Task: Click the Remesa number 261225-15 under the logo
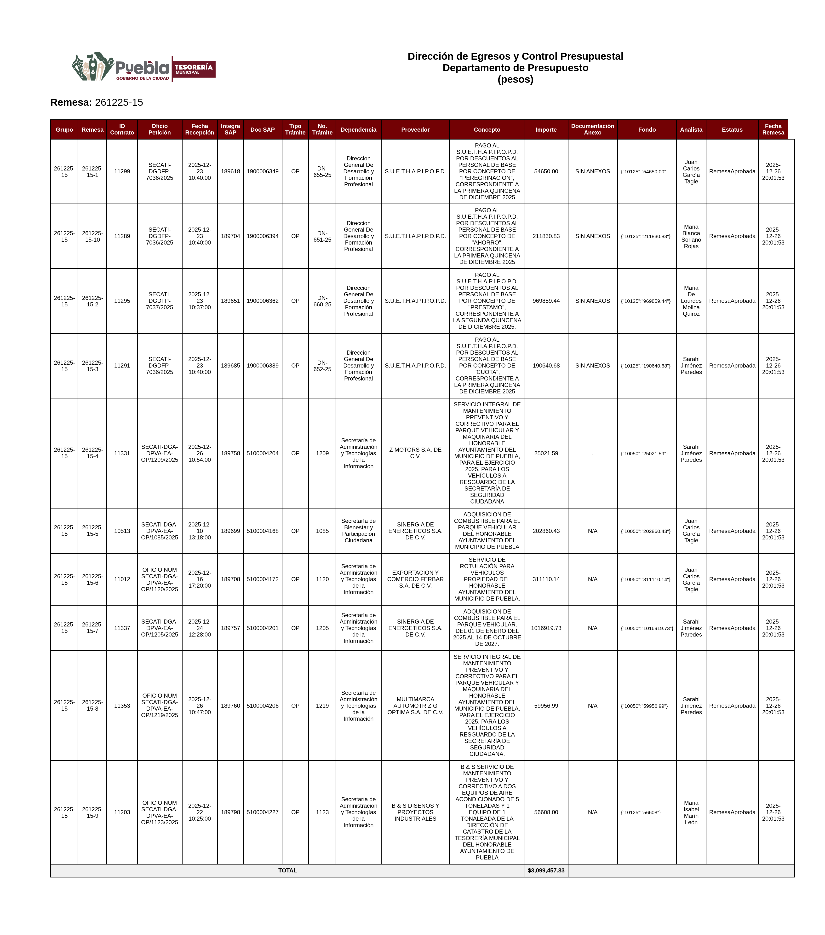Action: (119, 102)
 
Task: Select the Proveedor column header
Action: (415, 129)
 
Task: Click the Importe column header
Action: (546, 129)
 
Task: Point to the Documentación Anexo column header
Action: (592, 129)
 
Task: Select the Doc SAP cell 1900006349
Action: (262, 172)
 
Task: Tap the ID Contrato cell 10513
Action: (122, 531)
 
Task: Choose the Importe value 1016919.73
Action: (546, 628)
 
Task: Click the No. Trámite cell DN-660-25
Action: (322, 301)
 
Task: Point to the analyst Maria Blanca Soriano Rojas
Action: (691, 236)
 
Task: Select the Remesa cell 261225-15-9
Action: (92, 812)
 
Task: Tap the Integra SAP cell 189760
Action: (230, 706)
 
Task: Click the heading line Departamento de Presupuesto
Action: (515, 68)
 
